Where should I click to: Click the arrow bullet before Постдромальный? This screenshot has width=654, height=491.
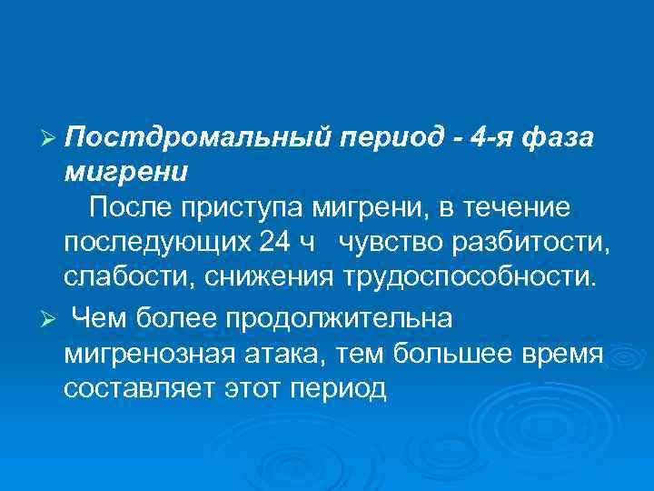(51, 137)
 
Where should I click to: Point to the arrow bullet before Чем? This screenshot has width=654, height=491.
(51, 320)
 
